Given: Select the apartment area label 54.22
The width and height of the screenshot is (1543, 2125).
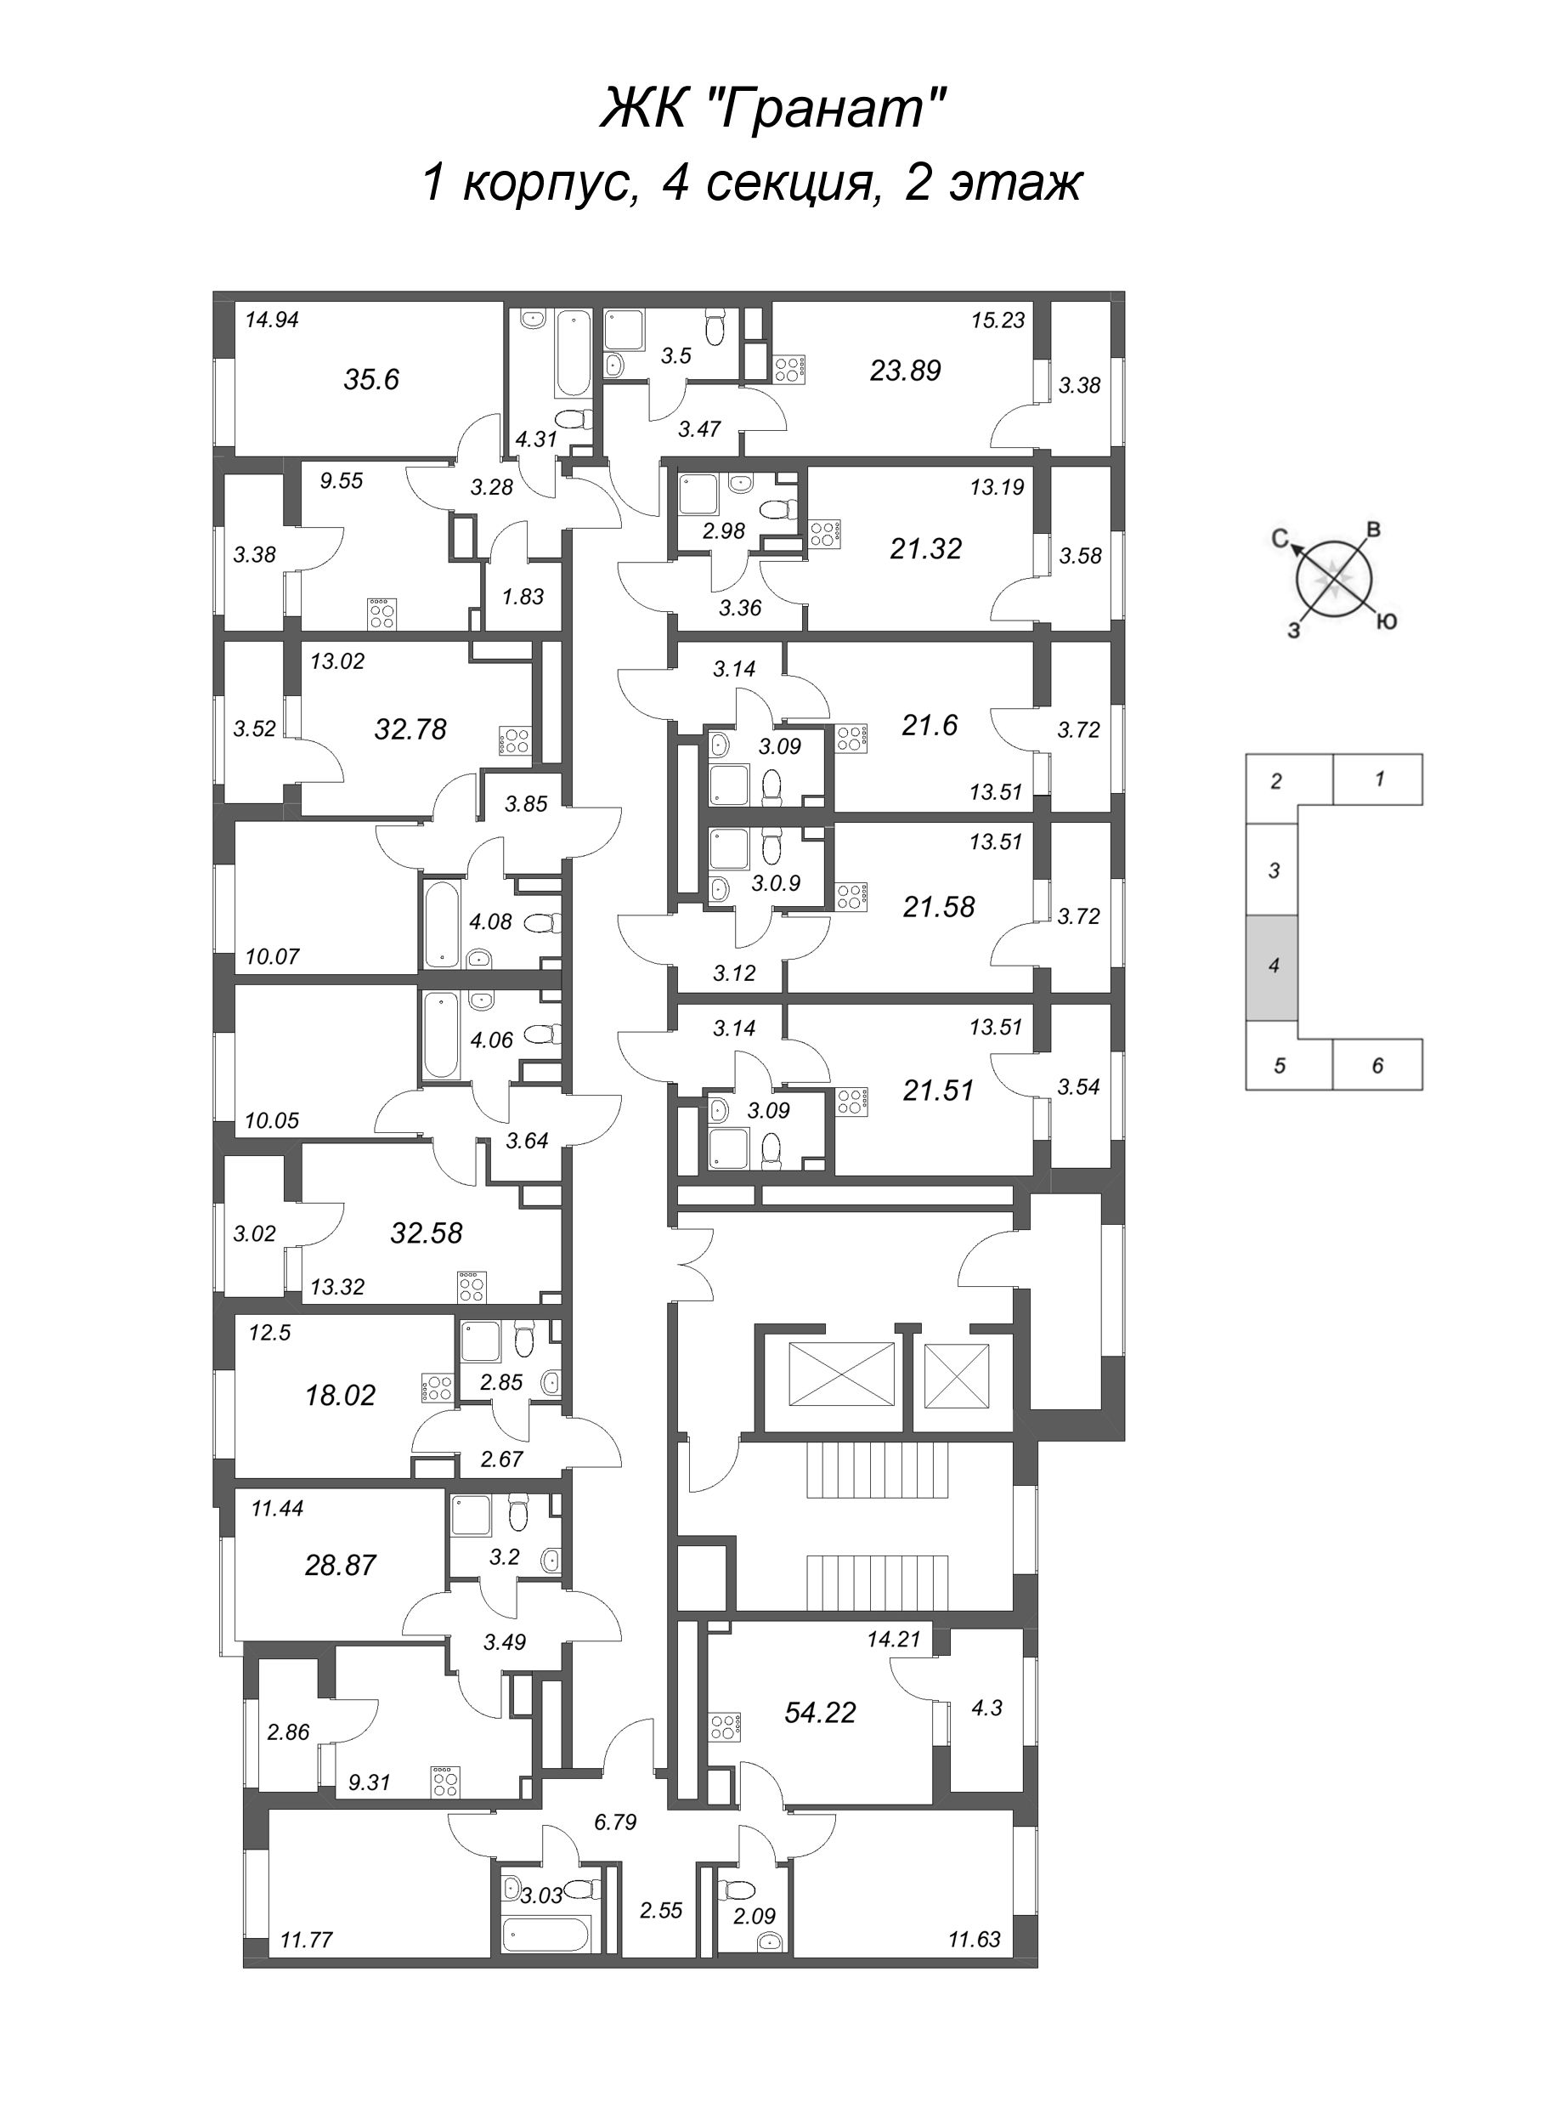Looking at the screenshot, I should [x=820, y=1713].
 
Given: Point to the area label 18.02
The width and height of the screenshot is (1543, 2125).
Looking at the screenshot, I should [x=340, y=1395].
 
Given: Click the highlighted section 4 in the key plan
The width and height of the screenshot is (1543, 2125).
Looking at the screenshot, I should [x=1271, y=965].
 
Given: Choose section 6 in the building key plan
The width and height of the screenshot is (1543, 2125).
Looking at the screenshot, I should [x=1376, y=1065].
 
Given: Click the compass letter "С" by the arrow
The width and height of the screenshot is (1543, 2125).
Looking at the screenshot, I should [x=1279, y=537].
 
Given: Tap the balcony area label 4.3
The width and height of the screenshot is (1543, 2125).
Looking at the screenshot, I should [x=986, y=1708].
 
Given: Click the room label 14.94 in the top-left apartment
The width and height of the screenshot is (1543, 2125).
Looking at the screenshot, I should [x=272, y=320].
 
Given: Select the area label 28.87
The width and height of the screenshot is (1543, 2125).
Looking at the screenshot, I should [x=340, y=1566].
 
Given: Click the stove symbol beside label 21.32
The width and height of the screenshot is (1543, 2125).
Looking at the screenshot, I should [x=825, y=534].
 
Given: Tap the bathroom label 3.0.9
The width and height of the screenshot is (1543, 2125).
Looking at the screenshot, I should [x=776, y=882].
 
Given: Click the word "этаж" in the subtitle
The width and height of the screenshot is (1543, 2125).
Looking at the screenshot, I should [x=1015, y=183].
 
